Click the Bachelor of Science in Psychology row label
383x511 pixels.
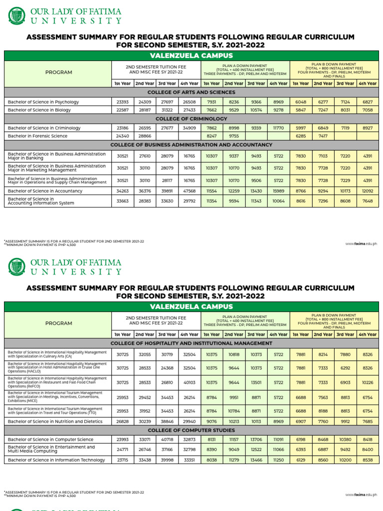click(x=43, y=102)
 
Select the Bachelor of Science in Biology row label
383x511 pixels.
click(x=39, y=110)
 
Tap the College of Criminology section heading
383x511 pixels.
click(x=191, y=119)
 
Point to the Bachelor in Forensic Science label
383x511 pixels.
click(x=37, y=136)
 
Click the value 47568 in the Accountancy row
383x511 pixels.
click(x=189, y=191)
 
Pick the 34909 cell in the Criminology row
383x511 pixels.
click(x=189, y=128)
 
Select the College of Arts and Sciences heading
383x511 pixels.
click(x=191, y=92)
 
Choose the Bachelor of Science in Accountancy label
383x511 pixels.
click(x=46, y=191)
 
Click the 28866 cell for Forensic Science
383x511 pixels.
click(x=145, y=136)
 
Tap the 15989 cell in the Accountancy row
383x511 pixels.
click(x=278, y=191)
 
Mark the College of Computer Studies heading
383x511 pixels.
click(x=191, y=430)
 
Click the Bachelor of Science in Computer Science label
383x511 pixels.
click(x=50, y=439)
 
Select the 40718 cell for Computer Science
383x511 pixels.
click(x=167, y=439)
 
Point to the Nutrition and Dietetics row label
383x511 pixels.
click(x=55, y=421)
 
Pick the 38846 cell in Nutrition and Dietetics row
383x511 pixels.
click(x=167, y=421)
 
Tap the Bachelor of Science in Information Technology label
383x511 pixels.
click(x=56, y=460)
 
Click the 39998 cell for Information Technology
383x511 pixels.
click(x=167, y=460)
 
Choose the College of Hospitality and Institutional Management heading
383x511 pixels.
click(x=191, y=343)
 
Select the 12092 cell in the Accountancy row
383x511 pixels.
click(x=368, y=191)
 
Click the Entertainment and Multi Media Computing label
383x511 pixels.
click(x=51, y=449)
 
